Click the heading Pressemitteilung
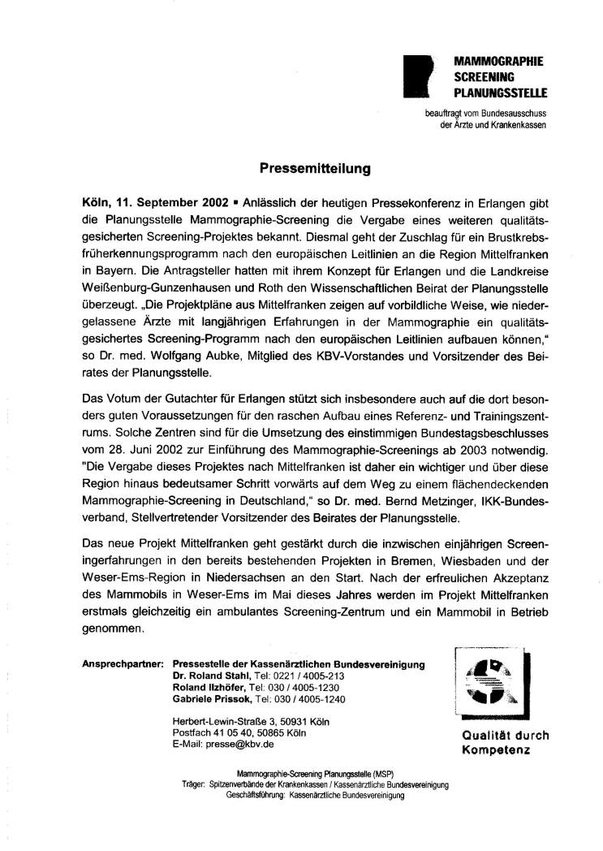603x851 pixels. [315, 170]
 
